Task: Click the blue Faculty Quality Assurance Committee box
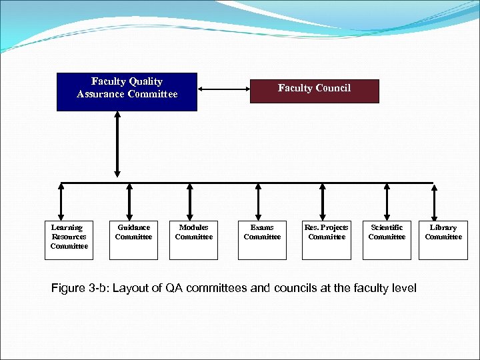(x=127, y=91)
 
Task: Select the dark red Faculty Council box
(x=314, y=91)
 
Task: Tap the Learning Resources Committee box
(x=69, y=240)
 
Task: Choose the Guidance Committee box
(x=133, y=240)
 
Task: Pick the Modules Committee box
(x=193, y=240)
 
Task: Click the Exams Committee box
(x=262, y=240)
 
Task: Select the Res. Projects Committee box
(x=326, y=240)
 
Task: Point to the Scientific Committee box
(x=387, y=240)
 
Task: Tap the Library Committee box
(x=443, y=240)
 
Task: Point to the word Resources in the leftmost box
(x=69, y=237)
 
